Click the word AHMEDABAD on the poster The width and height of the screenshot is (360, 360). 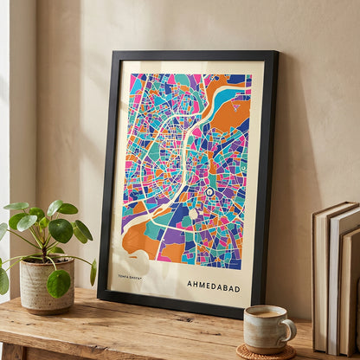(x=214, y=284)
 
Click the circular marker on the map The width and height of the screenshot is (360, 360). (x=209, y=191)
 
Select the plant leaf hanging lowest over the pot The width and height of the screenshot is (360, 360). (x=59, y=282)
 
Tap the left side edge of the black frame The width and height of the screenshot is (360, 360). (x=106, y=173)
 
